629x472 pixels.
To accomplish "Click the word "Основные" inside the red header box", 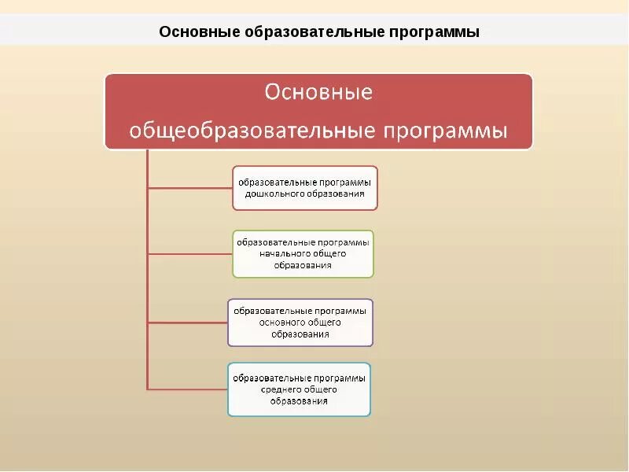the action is point(318,93).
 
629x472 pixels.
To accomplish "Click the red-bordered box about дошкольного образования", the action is point(305,187).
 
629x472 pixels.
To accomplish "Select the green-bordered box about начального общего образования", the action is point(303,253).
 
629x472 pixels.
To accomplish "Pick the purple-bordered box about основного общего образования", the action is point(300,322).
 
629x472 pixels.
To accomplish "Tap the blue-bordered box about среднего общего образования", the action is point(299,389).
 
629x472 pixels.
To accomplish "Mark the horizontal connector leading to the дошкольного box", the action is point(189,188).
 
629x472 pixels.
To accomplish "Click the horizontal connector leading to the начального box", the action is point(189,253).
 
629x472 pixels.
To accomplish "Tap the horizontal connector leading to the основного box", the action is point(187,323).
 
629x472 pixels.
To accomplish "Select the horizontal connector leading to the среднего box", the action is point(187,389).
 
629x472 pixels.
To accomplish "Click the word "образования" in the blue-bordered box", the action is point(300,401).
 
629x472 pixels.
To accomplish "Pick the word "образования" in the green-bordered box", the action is point(303,265).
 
